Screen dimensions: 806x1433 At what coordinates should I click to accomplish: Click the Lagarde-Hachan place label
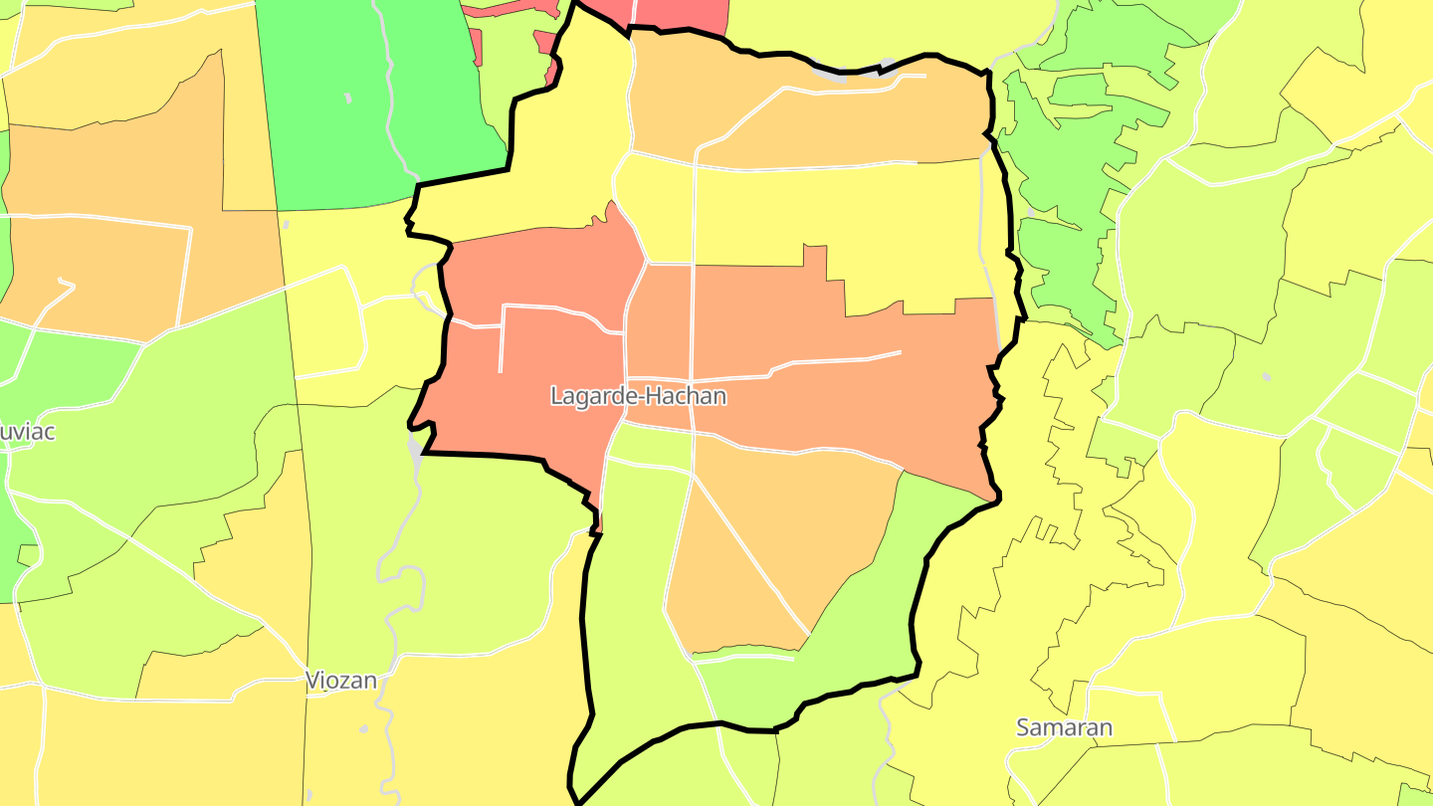click(x=638, y=396)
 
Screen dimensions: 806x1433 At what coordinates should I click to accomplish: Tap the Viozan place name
click(x=341, y=681)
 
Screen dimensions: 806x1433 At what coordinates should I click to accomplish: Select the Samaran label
click(x=1064, y=727)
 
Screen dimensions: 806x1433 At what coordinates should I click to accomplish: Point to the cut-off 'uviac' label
click(x=28, y=432)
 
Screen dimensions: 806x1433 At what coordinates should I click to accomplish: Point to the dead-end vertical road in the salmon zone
click(x=501, y=338)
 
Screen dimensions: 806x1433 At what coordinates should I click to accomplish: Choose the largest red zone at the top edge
click(x=681, y=16)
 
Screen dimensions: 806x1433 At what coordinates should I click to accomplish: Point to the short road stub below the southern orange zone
click(x=746, y=657)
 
